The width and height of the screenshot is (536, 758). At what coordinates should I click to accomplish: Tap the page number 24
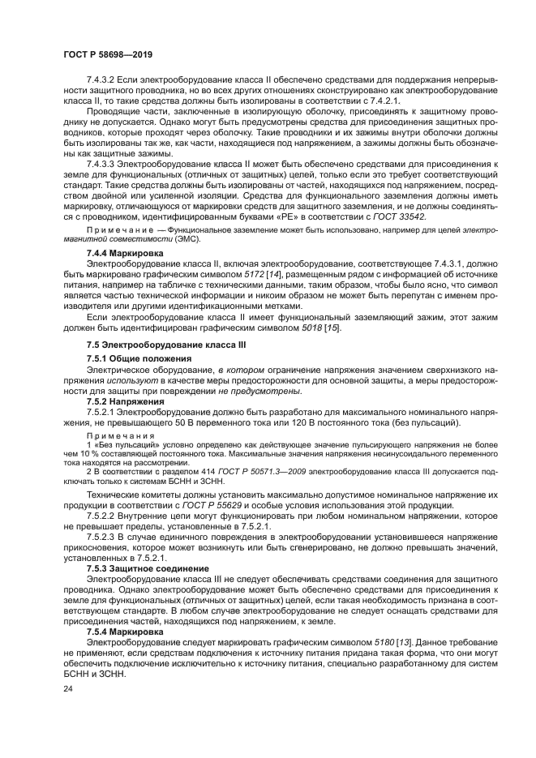(67, 688)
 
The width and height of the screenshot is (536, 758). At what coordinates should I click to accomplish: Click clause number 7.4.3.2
(104, 79)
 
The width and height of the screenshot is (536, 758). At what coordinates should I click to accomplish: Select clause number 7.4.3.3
(104, 164)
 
